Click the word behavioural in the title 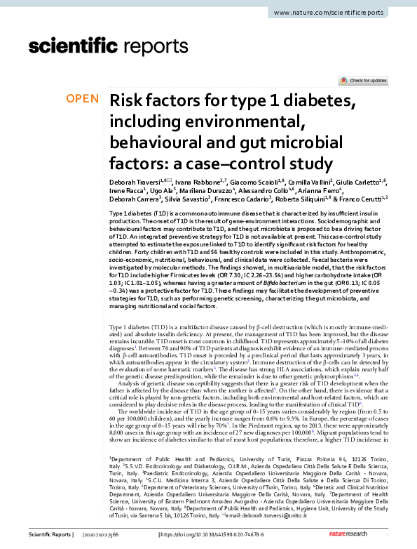coord(154,143)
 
